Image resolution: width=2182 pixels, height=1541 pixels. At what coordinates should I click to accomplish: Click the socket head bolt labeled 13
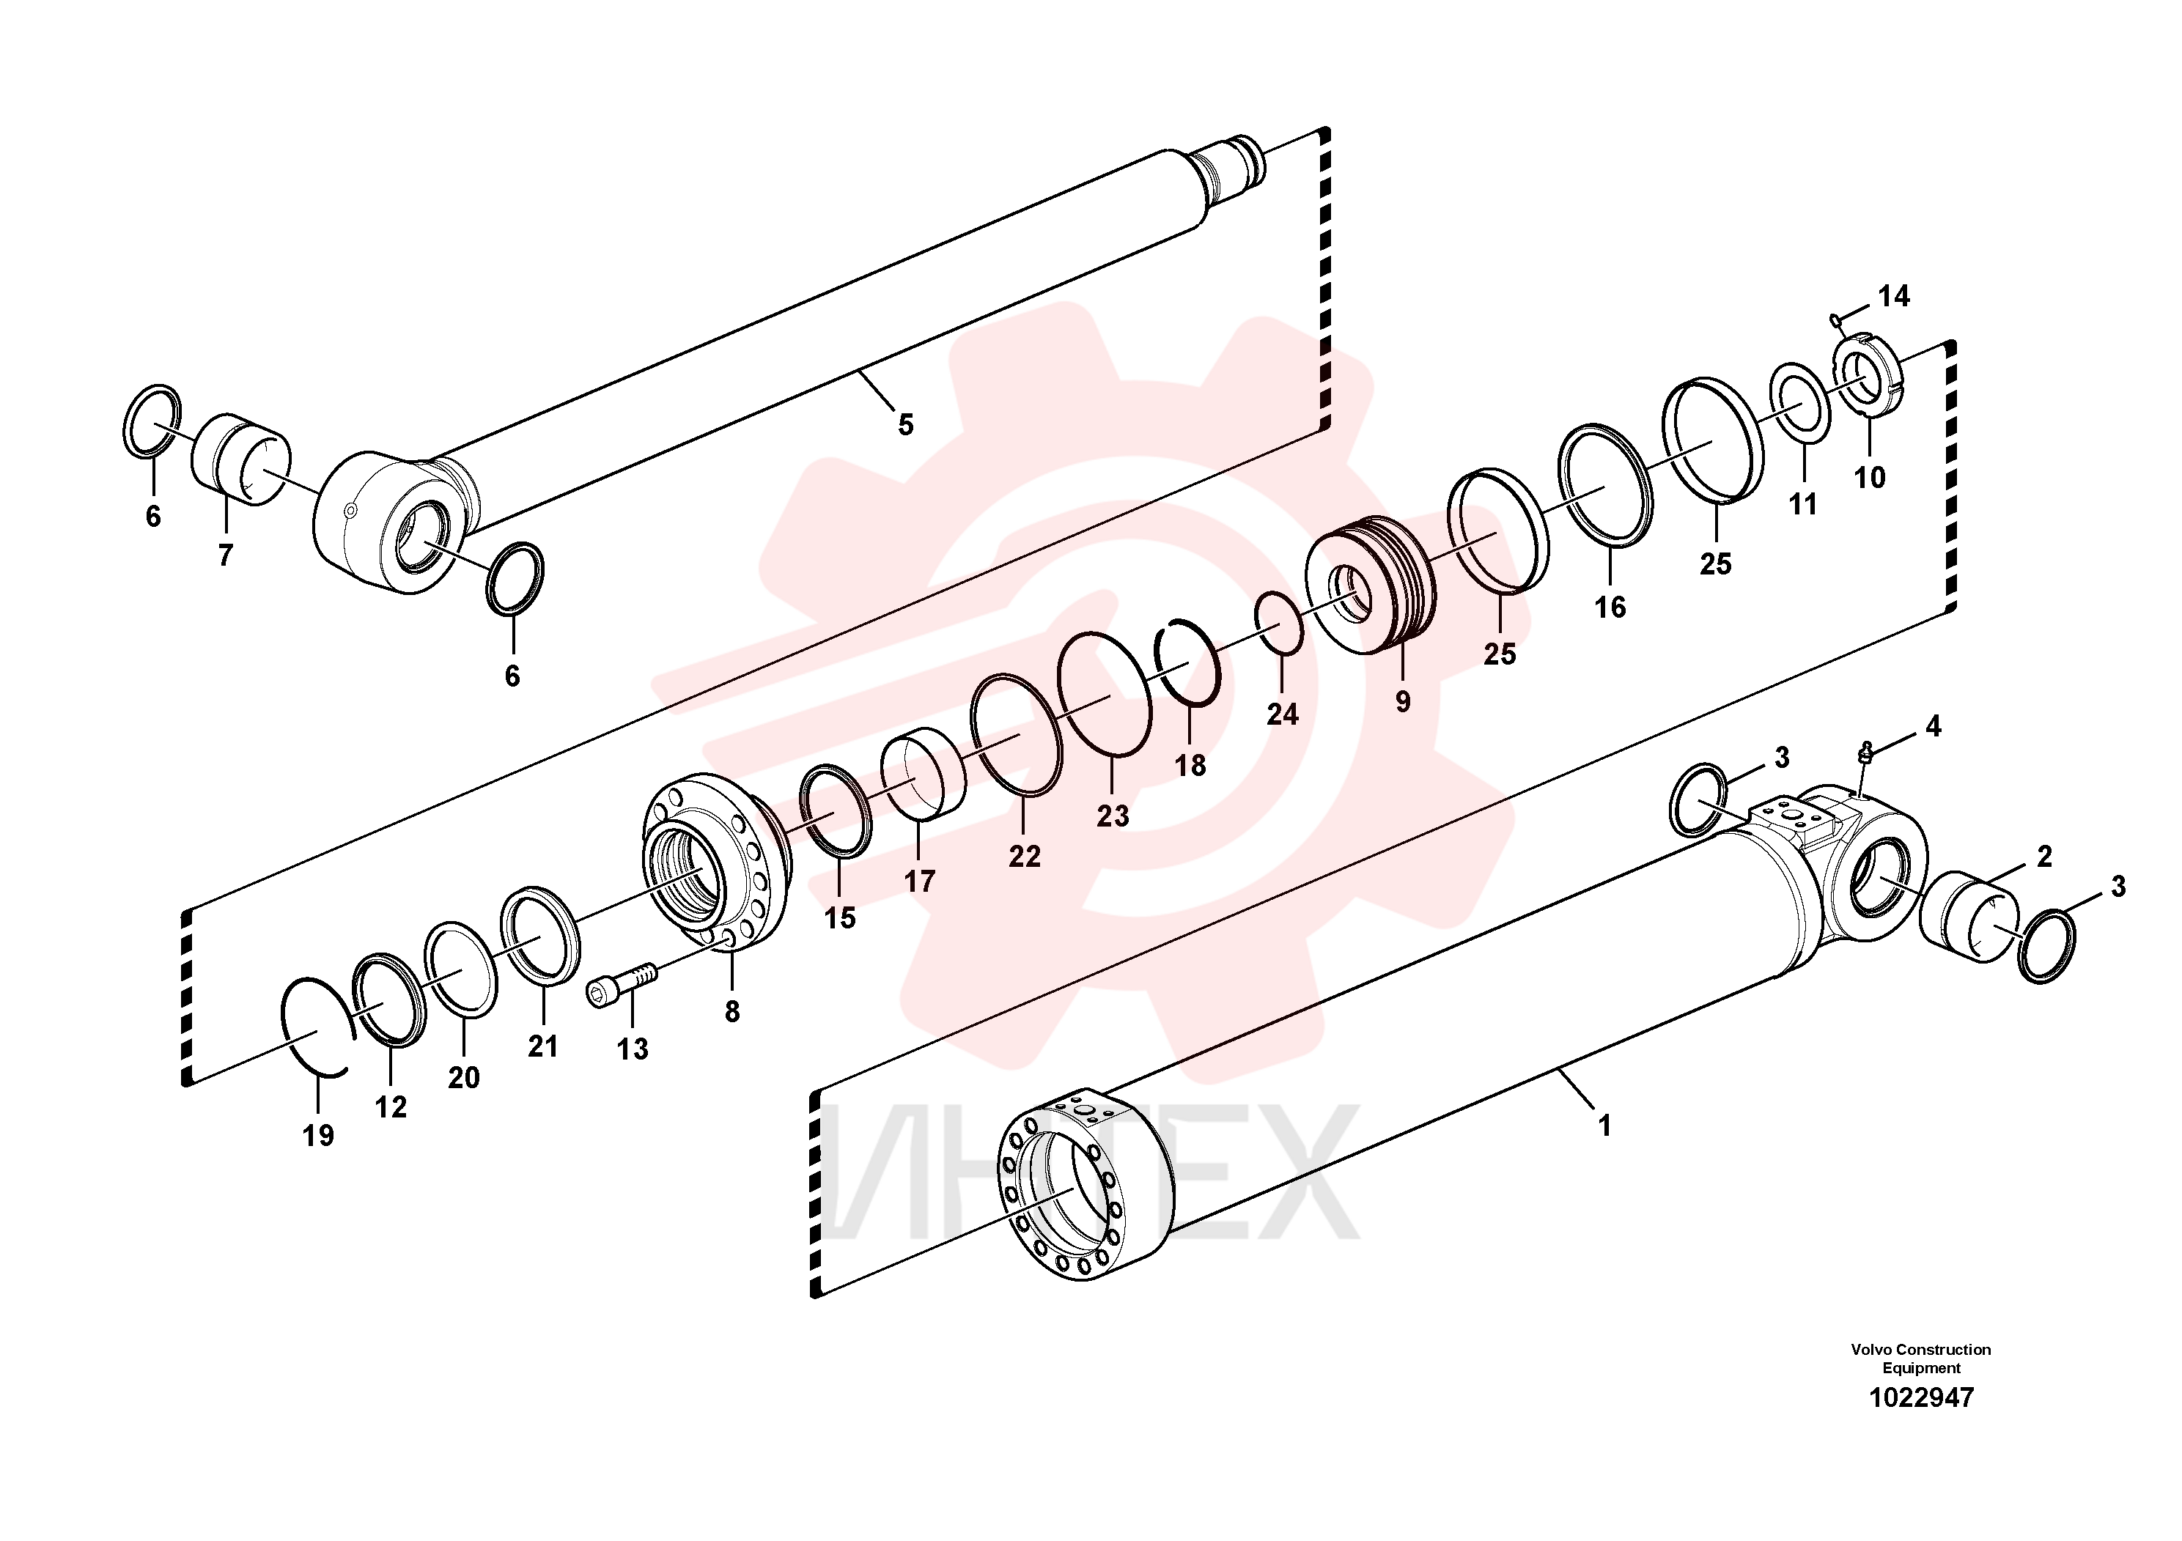click(x=622, y=984)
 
